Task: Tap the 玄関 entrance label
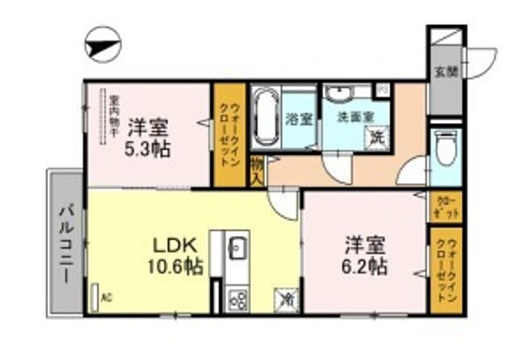coord(444,72)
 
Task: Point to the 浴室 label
coord(299,119)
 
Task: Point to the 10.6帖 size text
coord(172,265)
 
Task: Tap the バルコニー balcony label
coord(66,243)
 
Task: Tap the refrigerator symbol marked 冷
coord(287,299)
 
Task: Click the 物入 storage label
coord(256,170)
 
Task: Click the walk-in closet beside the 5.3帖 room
coord(227,136)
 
